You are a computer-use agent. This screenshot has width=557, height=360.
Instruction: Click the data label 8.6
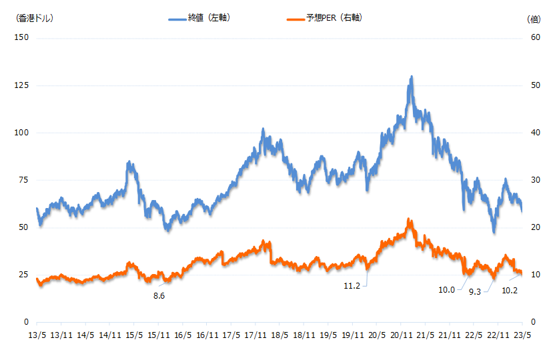(159, 295)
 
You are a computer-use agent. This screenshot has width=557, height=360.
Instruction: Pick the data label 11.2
(352, 286)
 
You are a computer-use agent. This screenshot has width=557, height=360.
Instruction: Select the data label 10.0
(446, 290)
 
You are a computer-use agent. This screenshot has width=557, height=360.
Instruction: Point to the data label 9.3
(476, 292)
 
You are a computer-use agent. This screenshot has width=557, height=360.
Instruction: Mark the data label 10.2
(510, 290)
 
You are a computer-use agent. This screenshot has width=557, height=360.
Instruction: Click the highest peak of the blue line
(412, 77)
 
